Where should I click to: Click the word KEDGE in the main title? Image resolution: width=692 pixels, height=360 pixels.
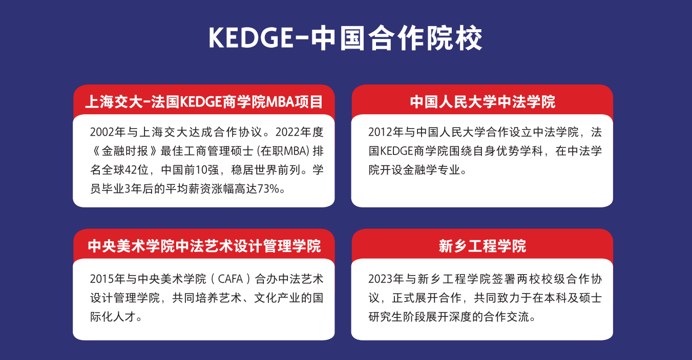coord(251,38)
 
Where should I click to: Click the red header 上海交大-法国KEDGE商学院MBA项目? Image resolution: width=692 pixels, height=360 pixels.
coord(204,101)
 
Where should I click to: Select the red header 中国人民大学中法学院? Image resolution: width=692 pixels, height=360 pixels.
coord(482,101)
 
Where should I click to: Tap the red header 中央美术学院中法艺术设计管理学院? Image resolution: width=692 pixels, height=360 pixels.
coord(204,246)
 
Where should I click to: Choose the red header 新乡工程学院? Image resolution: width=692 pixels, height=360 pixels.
coord(482,246)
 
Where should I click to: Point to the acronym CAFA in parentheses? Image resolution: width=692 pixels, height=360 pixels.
coord(230,279)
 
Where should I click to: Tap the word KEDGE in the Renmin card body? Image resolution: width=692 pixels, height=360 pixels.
coord(396,151)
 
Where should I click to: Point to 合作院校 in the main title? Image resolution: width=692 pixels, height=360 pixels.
coord(425,38)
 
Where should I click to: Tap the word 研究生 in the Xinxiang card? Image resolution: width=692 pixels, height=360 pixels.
coord(386,317)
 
